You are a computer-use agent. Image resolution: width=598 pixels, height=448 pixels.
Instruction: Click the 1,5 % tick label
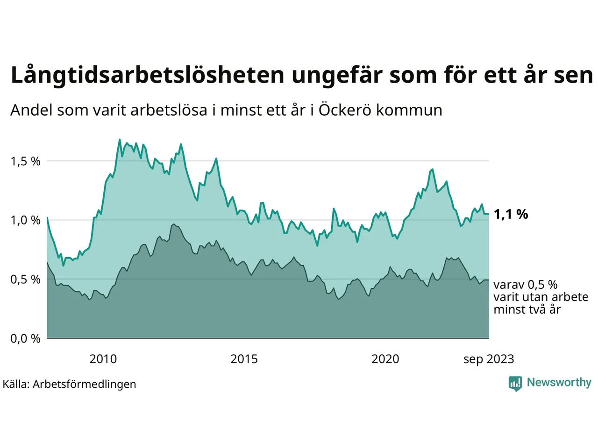pyautogui.click(x=25, y=161)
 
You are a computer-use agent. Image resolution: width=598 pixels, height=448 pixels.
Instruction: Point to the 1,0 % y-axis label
pyautogui.click(x=25, y=220)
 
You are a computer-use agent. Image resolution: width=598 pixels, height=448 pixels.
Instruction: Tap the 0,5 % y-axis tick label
pyautogui.click(x=25, y=280)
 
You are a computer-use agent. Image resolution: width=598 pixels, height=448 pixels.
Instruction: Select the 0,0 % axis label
pyautogui.click(x=25, y=339)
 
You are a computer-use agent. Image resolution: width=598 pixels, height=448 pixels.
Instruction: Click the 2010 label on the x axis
pyautogui.click(x=103, y=359)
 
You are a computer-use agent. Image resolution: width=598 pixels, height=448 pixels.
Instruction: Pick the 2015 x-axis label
pyautogui.click(x=244, y=359)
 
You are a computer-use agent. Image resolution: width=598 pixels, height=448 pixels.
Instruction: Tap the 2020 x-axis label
pyautogui.click(x=385, y=359)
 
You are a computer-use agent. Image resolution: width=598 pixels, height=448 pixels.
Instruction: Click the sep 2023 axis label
pyautogui.click(x=488, y=359)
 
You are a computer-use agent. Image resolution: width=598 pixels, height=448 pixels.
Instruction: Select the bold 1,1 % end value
pyautogui.click(x=511, y=214)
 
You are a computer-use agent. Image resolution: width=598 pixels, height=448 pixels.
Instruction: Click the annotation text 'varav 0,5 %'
pyautogui.click(x=525, y=285)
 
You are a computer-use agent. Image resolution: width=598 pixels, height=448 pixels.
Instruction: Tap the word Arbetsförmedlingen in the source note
pyautogui.click(x=85, y=384)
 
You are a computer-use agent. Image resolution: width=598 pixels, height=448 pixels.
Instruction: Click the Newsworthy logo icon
pyautogui.click(x=515, y=383)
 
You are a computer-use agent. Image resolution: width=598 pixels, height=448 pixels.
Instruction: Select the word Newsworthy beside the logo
pyautogui.click(x=559, y=382)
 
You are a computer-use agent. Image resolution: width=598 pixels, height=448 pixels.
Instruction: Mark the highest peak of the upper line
pyautogui.click(x=120, y=140)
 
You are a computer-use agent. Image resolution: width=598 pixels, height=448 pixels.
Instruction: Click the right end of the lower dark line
pyautogui.click(x=488, y=280)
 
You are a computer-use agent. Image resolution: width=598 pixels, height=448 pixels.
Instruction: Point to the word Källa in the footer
pyautogui.click(x=15, y=384)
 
